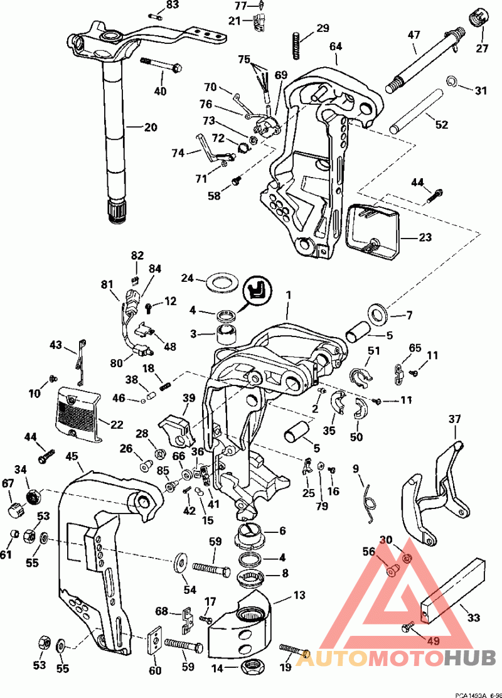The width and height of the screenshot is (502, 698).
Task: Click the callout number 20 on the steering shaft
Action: click(150, 127)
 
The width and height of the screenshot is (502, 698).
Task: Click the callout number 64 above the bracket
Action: click(336, 46)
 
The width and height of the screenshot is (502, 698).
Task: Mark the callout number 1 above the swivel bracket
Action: click(289, 294)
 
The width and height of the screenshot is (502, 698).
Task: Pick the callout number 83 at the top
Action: click(154, 5)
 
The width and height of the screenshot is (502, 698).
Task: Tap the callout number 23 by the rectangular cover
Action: click(425, 238)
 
